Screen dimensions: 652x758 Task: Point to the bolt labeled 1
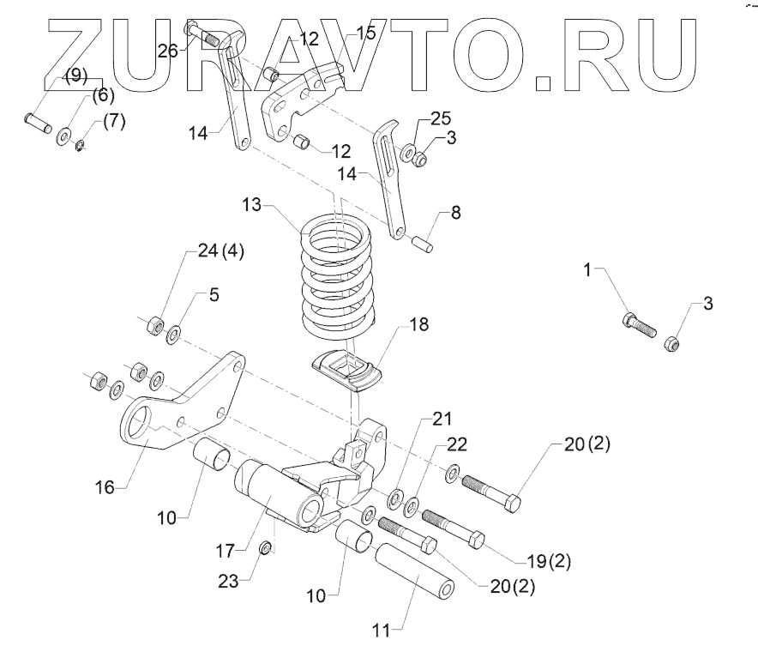638,325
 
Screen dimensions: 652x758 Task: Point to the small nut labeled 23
267,547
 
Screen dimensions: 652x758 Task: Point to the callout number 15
366,33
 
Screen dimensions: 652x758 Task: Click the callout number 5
214,295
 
